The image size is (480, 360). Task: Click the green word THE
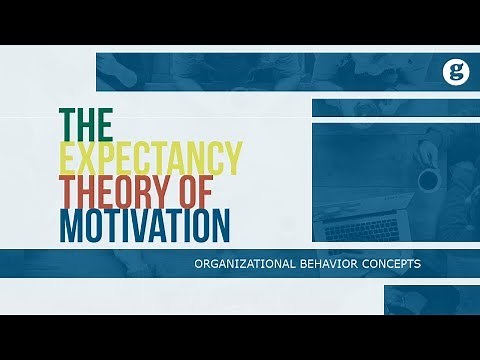pos(88,123)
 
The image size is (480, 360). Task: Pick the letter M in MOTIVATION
pos(73,224)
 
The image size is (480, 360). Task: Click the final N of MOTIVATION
pos(219,224)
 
